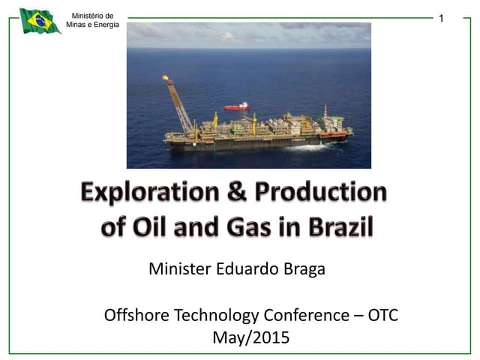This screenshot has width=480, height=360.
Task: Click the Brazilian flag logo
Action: coord(40,21)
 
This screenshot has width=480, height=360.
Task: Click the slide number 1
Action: coord(442,18)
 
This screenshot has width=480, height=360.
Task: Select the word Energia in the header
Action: coord(105,25)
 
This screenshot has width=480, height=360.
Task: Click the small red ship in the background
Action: coord(236,106)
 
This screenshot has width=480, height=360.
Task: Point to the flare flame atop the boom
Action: coord(165,77)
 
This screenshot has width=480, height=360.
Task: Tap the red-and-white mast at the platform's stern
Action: coord(325,112)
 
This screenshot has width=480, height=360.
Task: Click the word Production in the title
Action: coord(321,193)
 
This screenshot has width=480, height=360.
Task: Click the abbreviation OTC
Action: coord(382,315)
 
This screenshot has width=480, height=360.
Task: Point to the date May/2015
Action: coord(250,337)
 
